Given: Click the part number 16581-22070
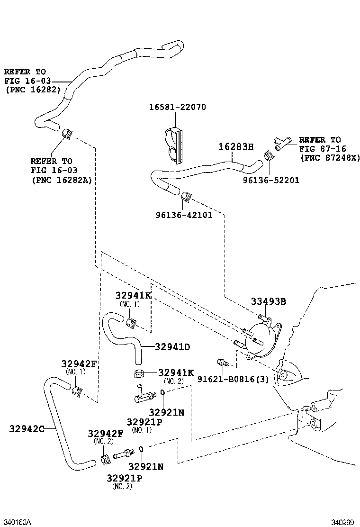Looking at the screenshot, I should coord(178,108).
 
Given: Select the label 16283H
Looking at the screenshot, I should coord(236,146).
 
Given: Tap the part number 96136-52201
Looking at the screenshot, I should coord(271,180).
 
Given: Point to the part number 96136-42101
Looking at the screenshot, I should coord(184,215).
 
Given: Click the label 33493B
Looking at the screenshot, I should coord(268,301).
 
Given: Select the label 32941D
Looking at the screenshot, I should coord(172,347).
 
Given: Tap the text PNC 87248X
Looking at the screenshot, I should coord(330,157).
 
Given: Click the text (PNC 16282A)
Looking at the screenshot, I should coord(62,180).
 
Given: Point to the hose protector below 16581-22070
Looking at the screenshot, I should coord(173,144).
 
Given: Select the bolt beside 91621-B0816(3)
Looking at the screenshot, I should coord(222,363).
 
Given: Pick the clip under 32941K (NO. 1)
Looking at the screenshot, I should coord(131,324).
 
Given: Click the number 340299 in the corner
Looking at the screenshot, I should coord(342,522).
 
